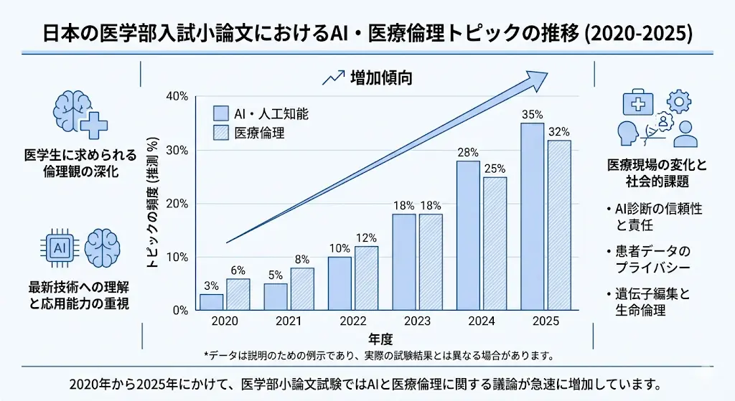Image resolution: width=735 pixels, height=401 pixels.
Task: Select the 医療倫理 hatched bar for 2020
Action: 238,294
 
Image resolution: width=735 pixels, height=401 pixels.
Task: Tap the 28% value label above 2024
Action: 467,152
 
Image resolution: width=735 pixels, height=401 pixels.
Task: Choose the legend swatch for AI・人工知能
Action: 221,114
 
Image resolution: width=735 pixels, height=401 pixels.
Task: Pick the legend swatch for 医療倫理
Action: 221,133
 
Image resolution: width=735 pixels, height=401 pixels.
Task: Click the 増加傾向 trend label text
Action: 381,78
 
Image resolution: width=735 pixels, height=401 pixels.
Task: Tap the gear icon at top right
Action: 679,102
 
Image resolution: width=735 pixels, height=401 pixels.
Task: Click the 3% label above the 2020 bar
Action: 211,286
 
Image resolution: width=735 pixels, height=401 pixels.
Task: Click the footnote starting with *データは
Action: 378,354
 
